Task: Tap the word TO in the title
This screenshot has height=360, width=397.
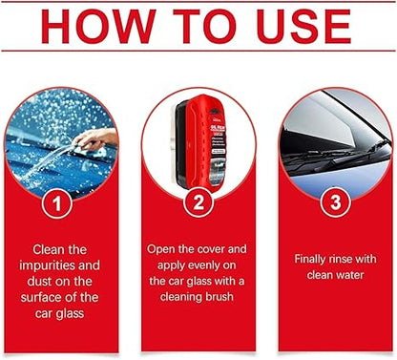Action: coord(198,26)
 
